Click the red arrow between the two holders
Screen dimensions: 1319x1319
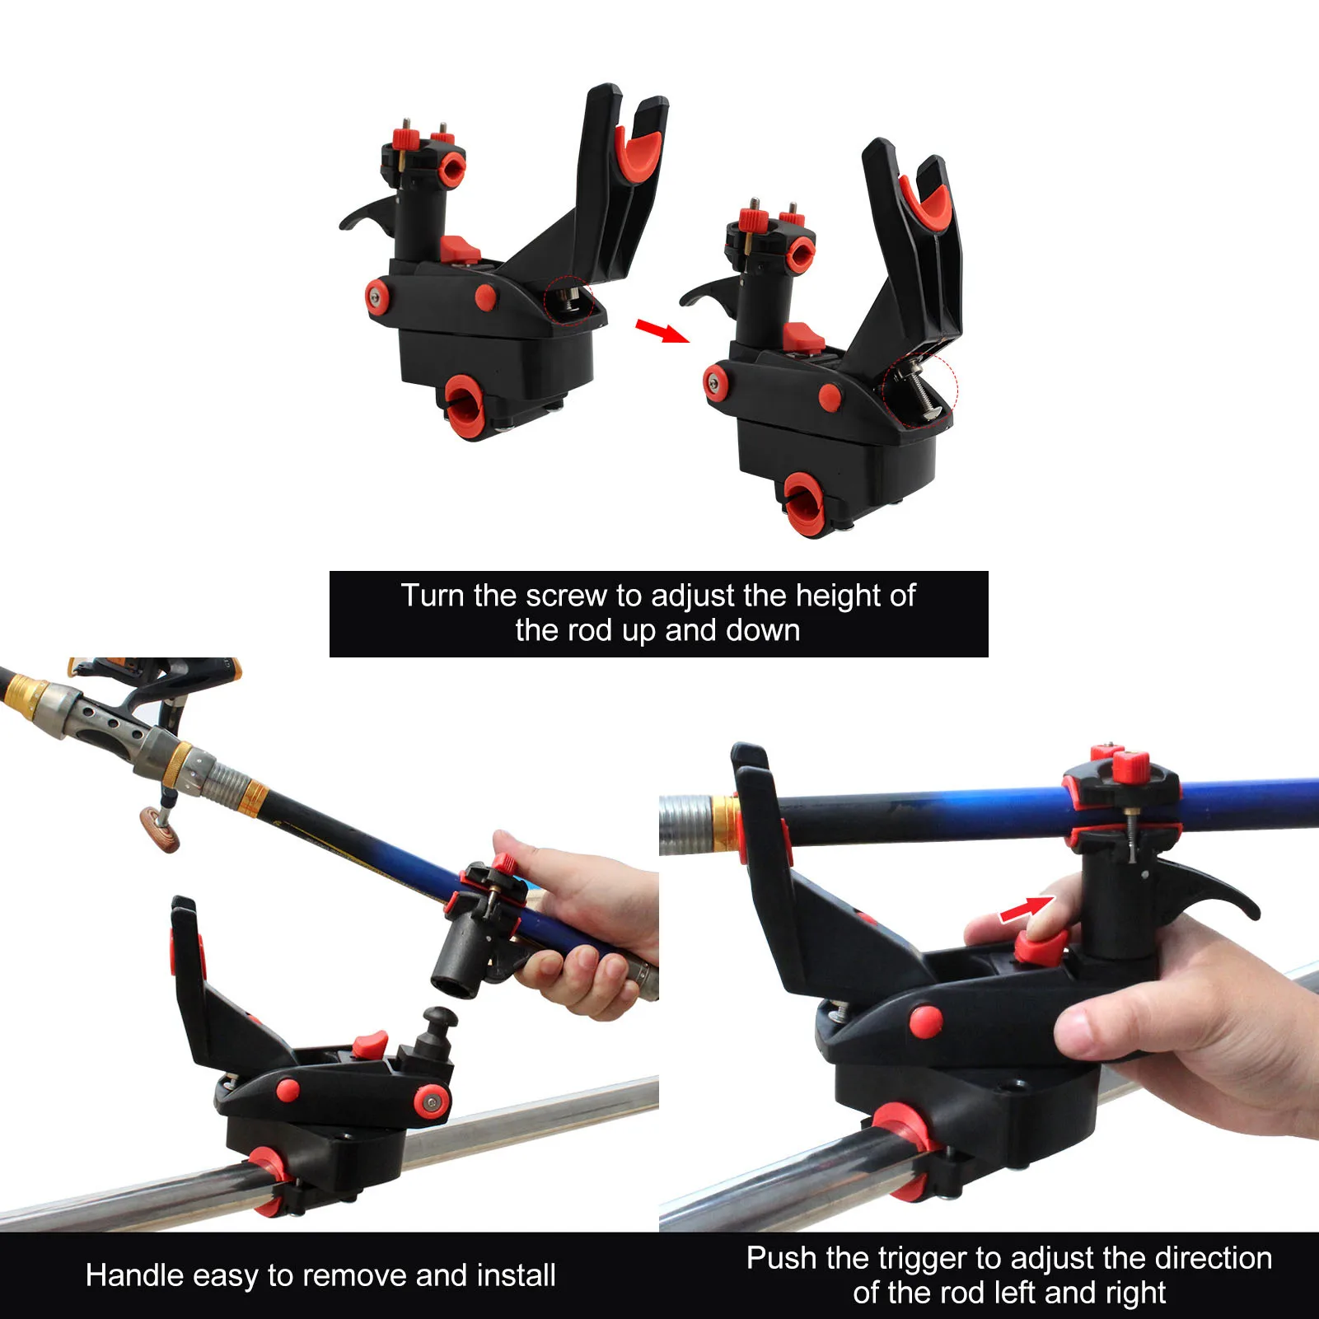pos(661,330)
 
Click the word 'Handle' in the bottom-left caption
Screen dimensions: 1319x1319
pos(135,1275)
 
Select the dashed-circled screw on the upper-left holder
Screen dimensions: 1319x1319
pos(570,298)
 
